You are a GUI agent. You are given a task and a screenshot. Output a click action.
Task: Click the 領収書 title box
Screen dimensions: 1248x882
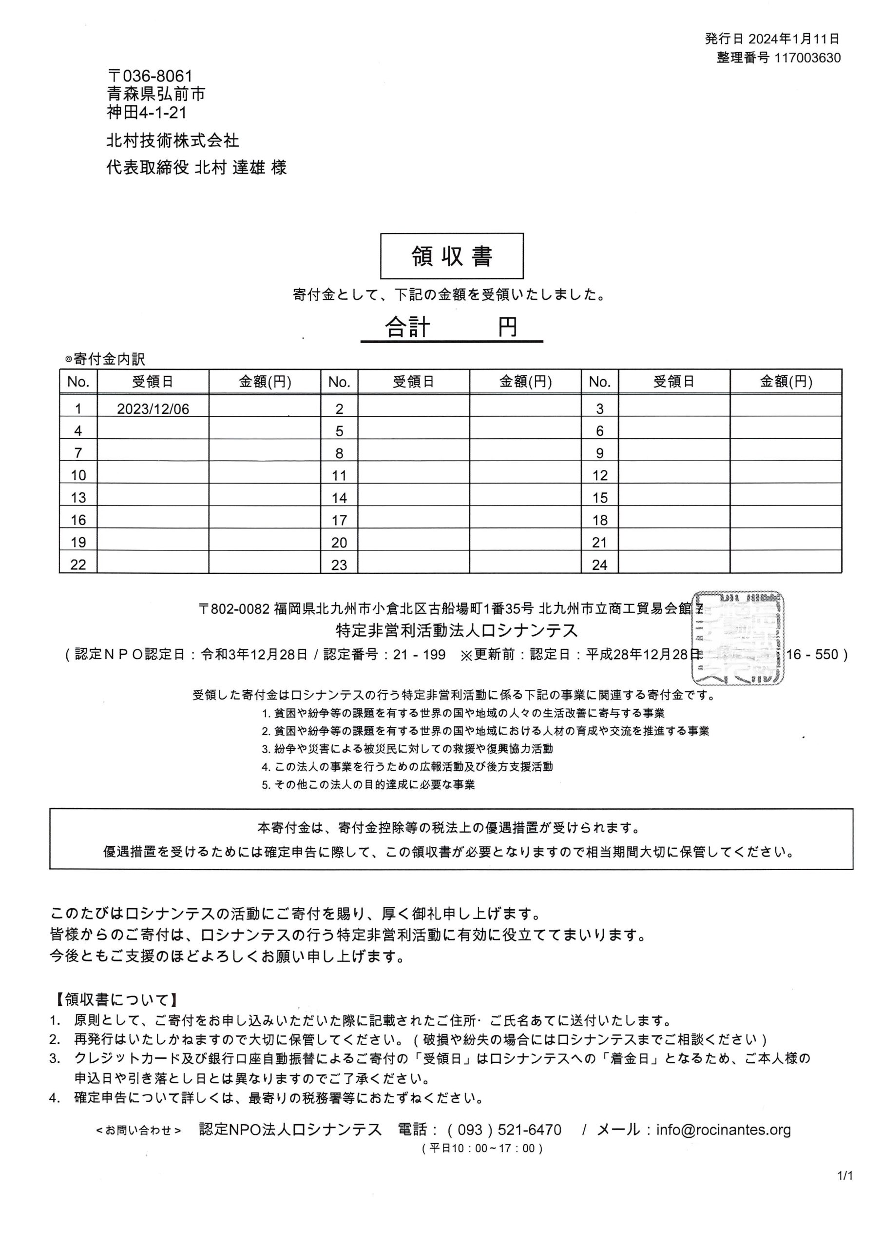click(x=451, y=256)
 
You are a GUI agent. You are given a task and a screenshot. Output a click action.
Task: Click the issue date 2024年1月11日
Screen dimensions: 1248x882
click(x=794, y=39)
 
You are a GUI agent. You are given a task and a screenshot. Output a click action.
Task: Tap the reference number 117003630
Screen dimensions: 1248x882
click(x=807, y=58)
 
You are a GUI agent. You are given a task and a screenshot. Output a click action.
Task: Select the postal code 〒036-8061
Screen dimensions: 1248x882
click(x=150, y=76)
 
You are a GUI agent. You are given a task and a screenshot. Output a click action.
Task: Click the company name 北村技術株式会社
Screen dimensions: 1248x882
click(x=173, y=141)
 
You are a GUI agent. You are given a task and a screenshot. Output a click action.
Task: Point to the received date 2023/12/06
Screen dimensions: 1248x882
click(x=153, y=409)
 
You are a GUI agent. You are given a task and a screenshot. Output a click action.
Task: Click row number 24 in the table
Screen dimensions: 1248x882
click(x=599, y=565)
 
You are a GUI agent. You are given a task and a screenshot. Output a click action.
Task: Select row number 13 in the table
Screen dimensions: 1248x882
click(x=78, y=498)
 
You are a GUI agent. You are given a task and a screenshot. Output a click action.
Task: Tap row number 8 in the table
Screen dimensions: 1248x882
click(x=339, y=453)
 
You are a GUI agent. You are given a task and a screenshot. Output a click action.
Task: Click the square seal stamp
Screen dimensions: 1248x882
click(x=737, y=637)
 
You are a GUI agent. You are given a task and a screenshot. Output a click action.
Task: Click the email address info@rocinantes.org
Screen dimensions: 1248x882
click(x=723, y=1130)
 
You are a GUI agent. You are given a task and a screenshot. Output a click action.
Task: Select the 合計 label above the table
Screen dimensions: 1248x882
click(x=407, y=327)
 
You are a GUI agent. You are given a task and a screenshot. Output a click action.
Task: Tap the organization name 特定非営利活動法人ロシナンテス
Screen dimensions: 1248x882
click(x=457, y=630)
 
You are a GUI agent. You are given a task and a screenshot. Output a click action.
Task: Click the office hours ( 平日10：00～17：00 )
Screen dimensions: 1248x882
click(x=482, y=1149)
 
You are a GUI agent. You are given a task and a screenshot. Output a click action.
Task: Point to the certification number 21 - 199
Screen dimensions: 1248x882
click(x=419, y=654)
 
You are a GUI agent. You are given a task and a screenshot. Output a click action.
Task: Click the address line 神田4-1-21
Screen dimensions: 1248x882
click(x=147, y=113)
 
